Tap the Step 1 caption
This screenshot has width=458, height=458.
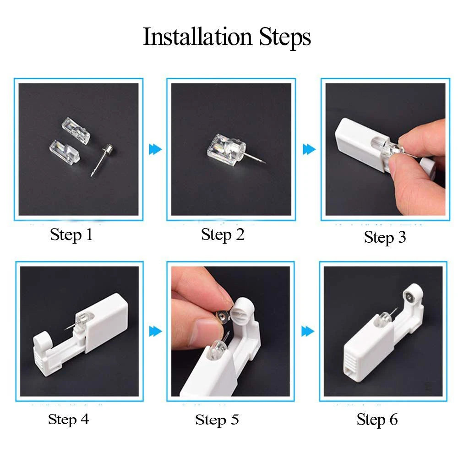pos(71,235)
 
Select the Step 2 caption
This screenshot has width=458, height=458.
pos(223,234)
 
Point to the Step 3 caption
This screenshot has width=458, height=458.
pos(385,237)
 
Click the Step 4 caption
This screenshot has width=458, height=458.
pos(68,419)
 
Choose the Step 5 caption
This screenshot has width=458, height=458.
pos(217,420)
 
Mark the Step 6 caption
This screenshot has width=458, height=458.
pos(377,420)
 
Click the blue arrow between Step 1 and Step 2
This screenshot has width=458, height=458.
pos(155,149)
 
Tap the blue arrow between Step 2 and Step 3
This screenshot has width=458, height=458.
pos(309,149)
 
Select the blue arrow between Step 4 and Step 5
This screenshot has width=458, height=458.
pos(155,331)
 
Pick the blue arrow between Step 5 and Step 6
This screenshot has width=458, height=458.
pos(307,331)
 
